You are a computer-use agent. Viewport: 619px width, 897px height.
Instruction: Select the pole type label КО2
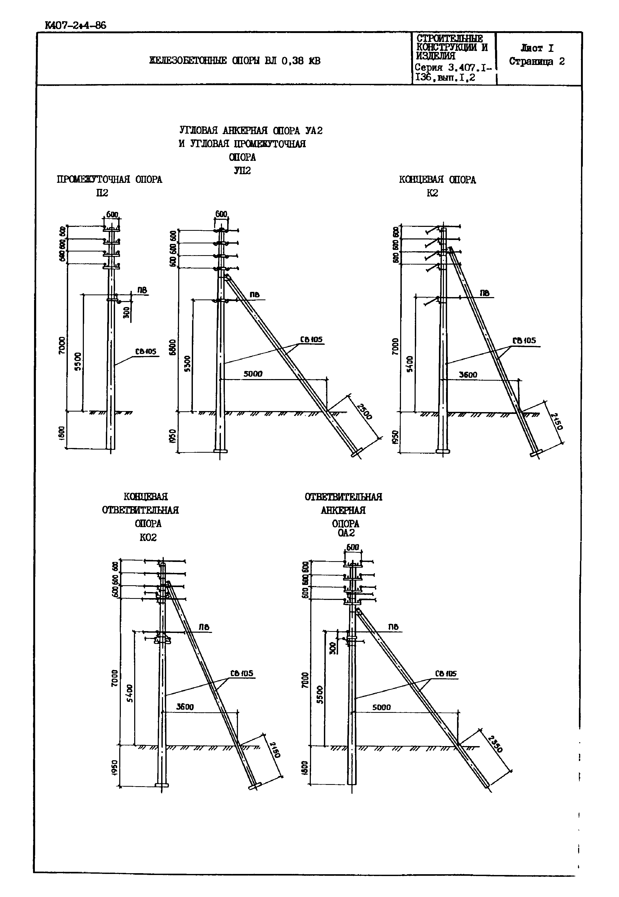click(148, 537)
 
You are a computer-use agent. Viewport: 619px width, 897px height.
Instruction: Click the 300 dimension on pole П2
click(126, 313)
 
